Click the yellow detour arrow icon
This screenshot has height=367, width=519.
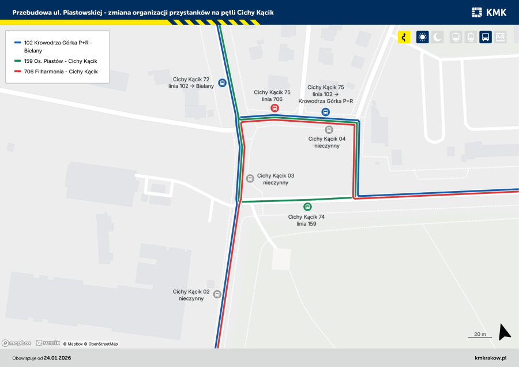[x=404, y=38]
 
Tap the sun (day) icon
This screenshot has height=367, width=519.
[x=422, y=38]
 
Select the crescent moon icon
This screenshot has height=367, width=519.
[x=438, y=38]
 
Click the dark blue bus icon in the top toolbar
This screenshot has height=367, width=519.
[x=486, y=38]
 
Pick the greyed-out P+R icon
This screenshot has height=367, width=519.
[x=500, y=38]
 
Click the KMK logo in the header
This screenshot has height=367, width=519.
[x=488, y=12]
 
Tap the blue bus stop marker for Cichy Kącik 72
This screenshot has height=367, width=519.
[x=222, y=83]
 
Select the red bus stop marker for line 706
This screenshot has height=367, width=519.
[x=275, y=108]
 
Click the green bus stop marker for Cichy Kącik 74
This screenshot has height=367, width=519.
[x=307, y=207]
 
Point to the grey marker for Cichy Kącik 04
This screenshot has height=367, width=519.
[x=329, y=130]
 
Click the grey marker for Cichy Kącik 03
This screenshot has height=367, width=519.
[x=250, y=179]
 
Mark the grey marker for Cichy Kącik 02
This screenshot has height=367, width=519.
[x=217, y=294]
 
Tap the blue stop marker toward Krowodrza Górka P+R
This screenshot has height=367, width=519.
[x=325, y=112]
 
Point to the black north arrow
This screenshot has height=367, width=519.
[x=504, y=332]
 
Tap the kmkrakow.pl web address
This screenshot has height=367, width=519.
[x=490, y=358]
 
